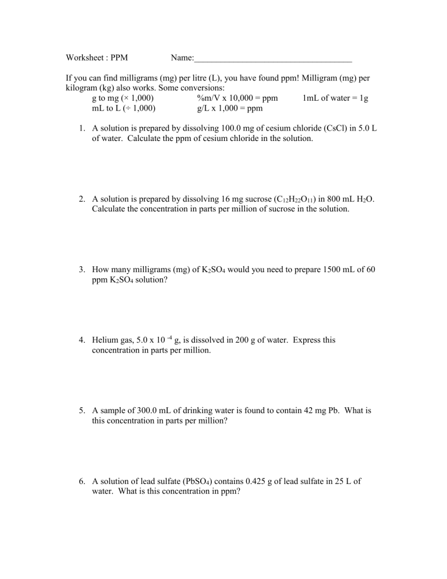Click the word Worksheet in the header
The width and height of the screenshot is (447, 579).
(x=85, y=58)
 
